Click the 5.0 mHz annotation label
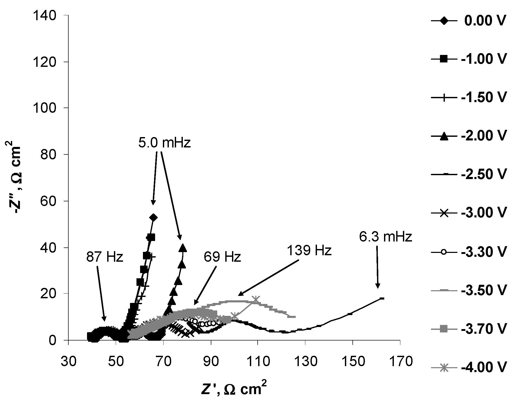pyautogui.click(x=164, y=143)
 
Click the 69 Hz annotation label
pyautogui.click(x=222, y=257)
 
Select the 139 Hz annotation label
pyautogui.click(x=309, y=251)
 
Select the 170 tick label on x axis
pyautogui.click(x=400, y=361)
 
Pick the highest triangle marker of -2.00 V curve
pyautogui.click(x=183, y=248)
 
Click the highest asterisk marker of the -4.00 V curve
pyautogui.click(x=256, y=300)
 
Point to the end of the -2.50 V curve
pyautogui.click(x=382, y=299)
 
